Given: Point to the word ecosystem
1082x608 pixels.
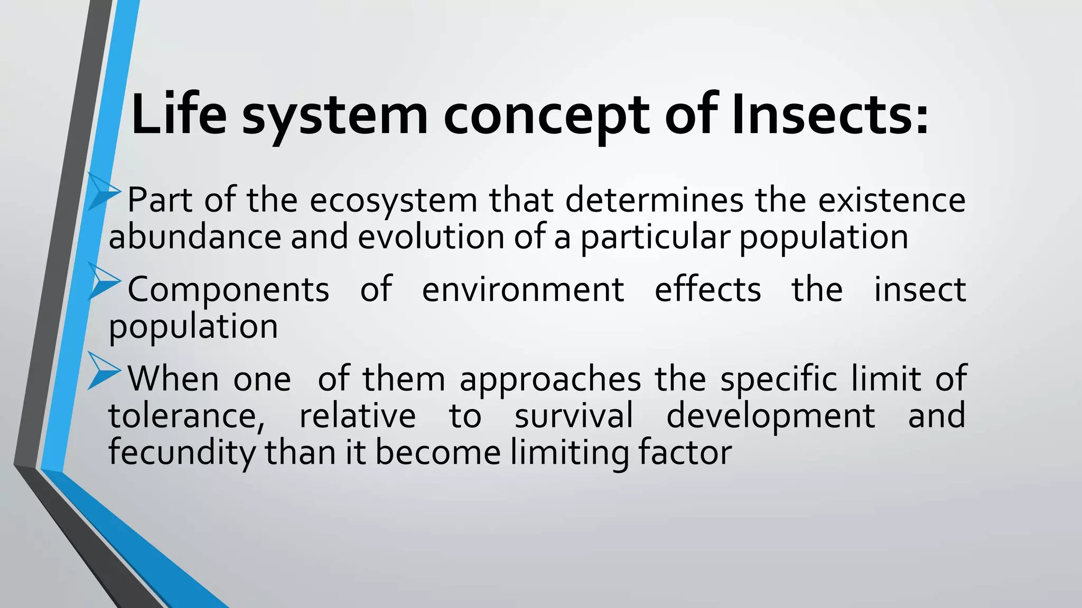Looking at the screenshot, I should click(393, 202).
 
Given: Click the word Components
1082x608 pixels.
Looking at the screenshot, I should click(228, 290).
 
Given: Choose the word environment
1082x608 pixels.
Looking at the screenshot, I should click(523, 290).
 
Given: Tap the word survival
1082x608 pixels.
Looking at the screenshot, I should click(574, 415).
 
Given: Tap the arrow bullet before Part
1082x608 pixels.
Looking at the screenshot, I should click(102, 191).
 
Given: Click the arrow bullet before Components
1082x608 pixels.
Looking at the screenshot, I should click(102, 281).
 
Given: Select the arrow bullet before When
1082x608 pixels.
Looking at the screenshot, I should click(102, 370).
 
